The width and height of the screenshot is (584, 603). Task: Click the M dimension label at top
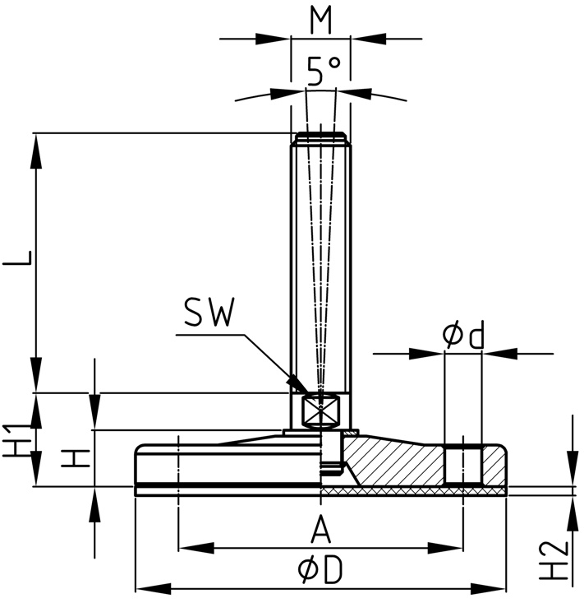[x=321, y=20]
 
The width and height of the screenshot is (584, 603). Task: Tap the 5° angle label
[x=324, y=72]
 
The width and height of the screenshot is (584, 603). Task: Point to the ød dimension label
[x=463, y=334]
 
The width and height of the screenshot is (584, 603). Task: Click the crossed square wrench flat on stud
[x=320, y=411]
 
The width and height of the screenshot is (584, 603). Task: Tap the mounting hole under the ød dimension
[x=462, y=465]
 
